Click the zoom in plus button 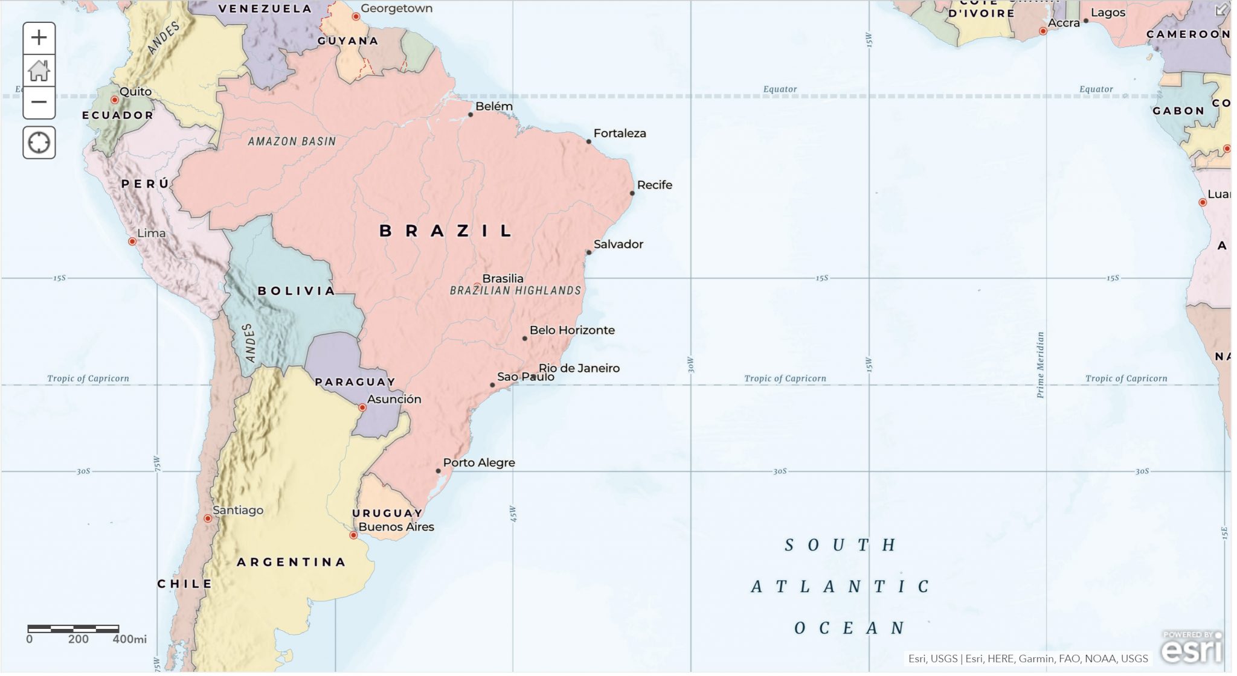[x=39, y=38]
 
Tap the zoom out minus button [x=39, y=102]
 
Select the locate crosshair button [x=39, y=143]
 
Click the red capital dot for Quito [x=115, y=100]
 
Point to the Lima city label [x=151, y=233]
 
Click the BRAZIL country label [x=446, y=231]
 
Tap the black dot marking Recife [x=632, y=193]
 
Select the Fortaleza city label [x=620, y=133]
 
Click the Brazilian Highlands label [x=515, y=291]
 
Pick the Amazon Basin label [x=292, y=141]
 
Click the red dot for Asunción [x=362, y=408]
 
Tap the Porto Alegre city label [x=479, y=463]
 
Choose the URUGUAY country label [x=387, y=513]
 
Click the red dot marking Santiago [x=208, y=518]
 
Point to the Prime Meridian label [x=1040, y=365]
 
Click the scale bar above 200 [x=74, y=629]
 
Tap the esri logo [x=1192, y=648]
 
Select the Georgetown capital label [x=396, y=8]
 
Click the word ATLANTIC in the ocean [x=840, y=587]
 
